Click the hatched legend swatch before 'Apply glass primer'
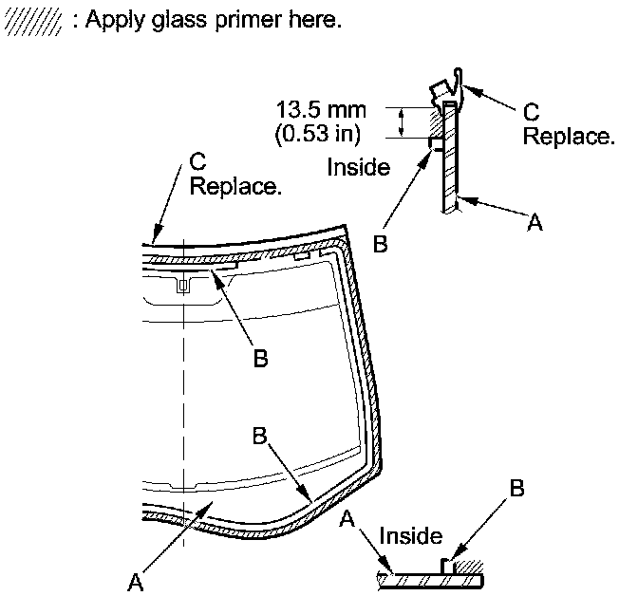coord(34,20)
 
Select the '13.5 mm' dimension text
coord(320,110)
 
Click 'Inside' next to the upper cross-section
coord(358,168)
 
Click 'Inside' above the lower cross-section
coord(410,537)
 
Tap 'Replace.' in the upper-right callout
coord(569,137)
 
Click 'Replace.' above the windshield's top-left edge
coord(235,186)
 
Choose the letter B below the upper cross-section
coord(380,244)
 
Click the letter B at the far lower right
coord(516,490)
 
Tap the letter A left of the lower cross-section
coord(347,519)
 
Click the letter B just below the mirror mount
coord(260,359)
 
